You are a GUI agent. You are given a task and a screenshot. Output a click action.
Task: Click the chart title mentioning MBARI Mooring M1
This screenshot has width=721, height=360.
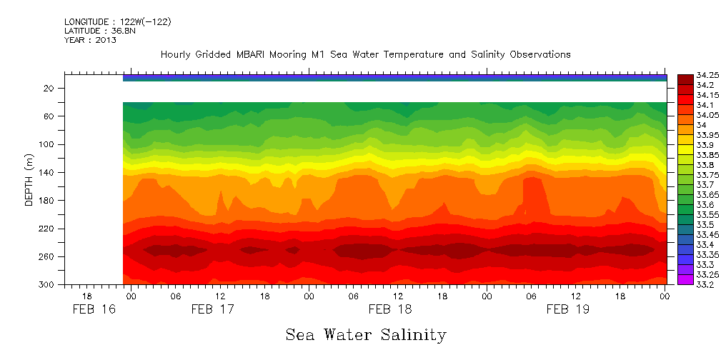tap(365, 54)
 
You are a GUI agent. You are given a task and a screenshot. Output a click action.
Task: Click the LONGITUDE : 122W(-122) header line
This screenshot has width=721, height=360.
tap(117, 22)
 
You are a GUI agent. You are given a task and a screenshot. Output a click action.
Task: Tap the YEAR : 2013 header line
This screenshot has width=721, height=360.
tap(90, 40)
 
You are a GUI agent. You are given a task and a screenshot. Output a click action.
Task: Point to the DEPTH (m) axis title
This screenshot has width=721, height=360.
tap(29, 179)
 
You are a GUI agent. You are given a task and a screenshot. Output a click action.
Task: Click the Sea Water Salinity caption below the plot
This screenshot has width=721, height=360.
tap(366, 334)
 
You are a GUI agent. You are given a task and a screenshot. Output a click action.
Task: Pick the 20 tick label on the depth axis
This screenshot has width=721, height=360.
tap(49, 88)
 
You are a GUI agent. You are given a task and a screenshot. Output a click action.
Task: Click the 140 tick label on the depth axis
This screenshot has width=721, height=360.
tap(47, 172)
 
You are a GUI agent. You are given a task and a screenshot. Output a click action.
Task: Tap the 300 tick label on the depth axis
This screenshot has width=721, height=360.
tap(47, 284)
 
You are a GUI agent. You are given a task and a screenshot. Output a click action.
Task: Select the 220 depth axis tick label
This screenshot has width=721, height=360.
tap(47, 229)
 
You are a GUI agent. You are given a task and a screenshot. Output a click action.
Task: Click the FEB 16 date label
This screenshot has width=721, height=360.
tap(94, 309)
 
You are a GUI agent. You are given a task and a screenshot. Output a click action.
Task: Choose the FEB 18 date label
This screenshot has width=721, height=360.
tap(390, 309)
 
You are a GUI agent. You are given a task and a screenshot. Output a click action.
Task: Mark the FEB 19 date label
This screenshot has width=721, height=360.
tap(568, 309)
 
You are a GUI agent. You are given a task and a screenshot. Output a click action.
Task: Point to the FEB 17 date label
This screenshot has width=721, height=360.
tap(212, 309)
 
